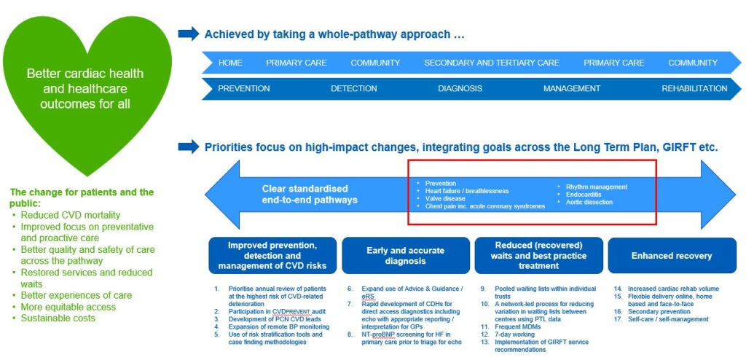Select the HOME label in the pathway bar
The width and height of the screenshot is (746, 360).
tap(230, 63)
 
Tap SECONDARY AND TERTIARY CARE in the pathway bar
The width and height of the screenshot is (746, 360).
tap(492, 63)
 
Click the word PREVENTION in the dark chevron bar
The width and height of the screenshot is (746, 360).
tap(244, 89)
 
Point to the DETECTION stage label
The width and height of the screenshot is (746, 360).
tap(354, 89)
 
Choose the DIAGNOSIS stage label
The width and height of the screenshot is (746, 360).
tap(460, 89)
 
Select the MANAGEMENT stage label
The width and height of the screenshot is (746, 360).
tap(572, 89)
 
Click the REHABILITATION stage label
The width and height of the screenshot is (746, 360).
tap(694, 89)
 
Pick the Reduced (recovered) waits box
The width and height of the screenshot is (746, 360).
tap(538, 256)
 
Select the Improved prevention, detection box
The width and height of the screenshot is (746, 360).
tap(272, 256)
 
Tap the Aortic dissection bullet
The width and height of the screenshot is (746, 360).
tap(589, 202)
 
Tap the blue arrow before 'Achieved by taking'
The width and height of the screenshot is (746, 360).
tap(188, 34)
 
